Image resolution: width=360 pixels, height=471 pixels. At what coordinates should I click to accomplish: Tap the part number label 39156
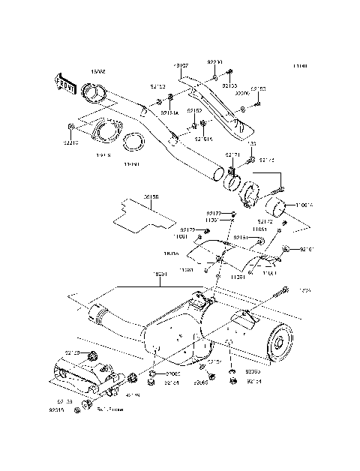tap(151, 197)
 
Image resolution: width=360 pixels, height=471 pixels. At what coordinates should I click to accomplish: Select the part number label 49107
tap(181, 66)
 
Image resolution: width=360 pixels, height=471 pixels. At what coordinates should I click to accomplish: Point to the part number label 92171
tap(232, 155)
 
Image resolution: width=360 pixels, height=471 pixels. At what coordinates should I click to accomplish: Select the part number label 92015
tap(57, 411)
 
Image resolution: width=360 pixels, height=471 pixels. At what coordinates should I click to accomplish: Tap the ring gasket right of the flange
tap(133, 140)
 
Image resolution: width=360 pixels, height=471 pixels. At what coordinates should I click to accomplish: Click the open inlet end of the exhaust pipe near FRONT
tap(94, 93)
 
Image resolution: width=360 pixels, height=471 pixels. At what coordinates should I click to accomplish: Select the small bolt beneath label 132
tap(251, 159)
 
